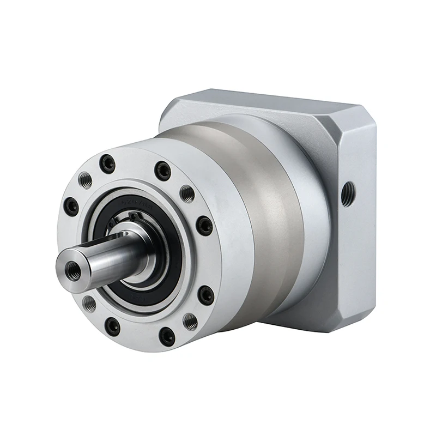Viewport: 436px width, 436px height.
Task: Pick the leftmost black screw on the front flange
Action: tap(71, 207)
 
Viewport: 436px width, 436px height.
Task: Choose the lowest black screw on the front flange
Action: tap(167, 336)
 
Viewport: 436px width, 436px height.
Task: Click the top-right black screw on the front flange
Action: tap(162, 171)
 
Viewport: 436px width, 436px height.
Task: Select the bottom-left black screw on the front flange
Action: tap(112, 326)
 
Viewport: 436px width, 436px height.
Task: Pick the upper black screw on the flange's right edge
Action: tap(204, 225)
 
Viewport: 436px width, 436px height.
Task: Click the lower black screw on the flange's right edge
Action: tap(206, 295)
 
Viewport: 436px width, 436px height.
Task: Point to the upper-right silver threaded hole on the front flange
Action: tap(187, 193)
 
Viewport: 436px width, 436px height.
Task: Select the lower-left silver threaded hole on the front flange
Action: tap(89, 303)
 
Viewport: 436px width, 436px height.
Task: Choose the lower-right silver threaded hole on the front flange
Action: tap(190, 321)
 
